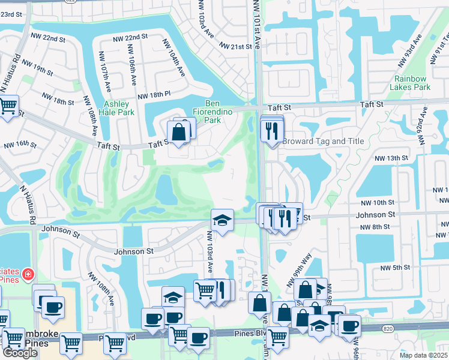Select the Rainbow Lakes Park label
(x=410, y=83)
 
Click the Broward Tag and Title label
(x=324, y=141)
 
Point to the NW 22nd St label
(x=131, y=37)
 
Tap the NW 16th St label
(x=20, y=145)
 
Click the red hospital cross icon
(x=27, y=275)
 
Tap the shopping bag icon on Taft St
(x=179, y=132)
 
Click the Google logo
(x=20, y=353)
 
